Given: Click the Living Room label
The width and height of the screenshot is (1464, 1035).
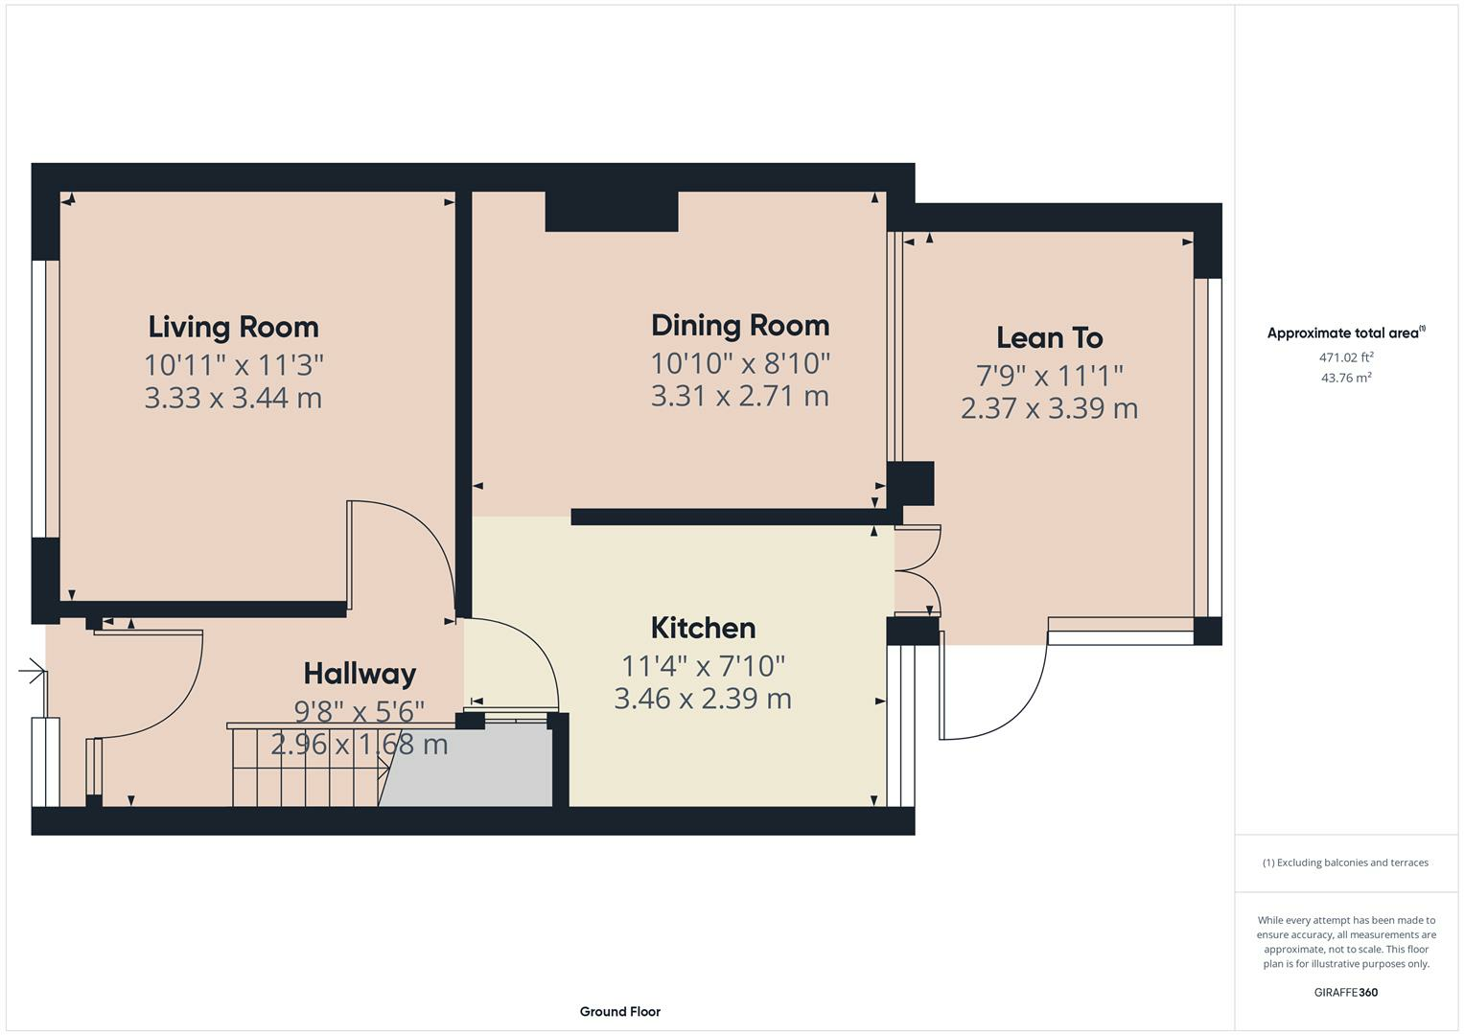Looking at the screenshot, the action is [x=233, y=328].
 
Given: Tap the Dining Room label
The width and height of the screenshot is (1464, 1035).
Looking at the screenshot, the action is [x=740, y=326].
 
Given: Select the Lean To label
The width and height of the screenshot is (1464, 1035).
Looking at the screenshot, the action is [x=1050, y=337].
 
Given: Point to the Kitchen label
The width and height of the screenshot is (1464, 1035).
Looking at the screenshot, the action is [x=704, y=628].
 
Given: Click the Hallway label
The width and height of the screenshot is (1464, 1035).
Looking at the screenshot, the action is [x=360, y=674].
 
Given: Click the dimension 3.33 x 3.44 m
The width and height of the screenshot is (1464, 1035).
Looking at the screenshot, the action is [x=233, y=398].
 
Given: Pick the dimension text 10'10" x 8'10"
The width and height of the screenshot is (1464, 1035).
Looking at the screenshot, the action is [x=740, y=363].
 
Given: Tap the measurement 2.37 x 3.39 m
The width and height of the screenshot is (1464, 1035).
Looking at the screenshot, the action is [x=1050, y=408].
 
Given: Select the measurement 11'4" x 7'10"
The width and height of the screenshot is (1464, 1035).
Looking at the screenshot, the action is [x=704, y=666].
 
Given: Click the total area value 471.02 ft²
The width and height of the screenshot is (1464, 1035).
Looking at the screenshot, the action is [x=1346, y=357].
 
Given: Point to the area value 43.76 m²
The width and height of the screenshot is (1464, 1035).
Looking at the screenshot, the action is [x=1346, y=378].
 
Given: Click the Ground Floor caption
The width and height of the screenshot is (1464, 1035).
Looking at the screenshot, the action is [x=620, y=1011].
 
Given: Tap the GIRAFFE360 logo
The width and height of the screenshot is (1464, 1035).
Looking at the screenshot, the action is [x=1346, y=992].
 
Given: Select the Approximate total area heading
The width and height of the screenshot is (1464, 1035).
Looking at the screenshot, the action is [x=1346, y=333].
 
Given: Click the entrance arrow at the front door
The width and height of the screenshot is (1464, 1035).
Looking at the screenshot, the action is [x=33, y=671].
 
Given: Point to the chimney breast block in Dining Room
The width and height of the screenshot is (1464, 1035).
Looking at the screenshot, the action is [x=612, y=211].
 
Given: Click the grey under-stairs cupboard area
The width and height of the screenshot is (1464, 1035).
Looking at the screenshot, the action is [x=466, y=768].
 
